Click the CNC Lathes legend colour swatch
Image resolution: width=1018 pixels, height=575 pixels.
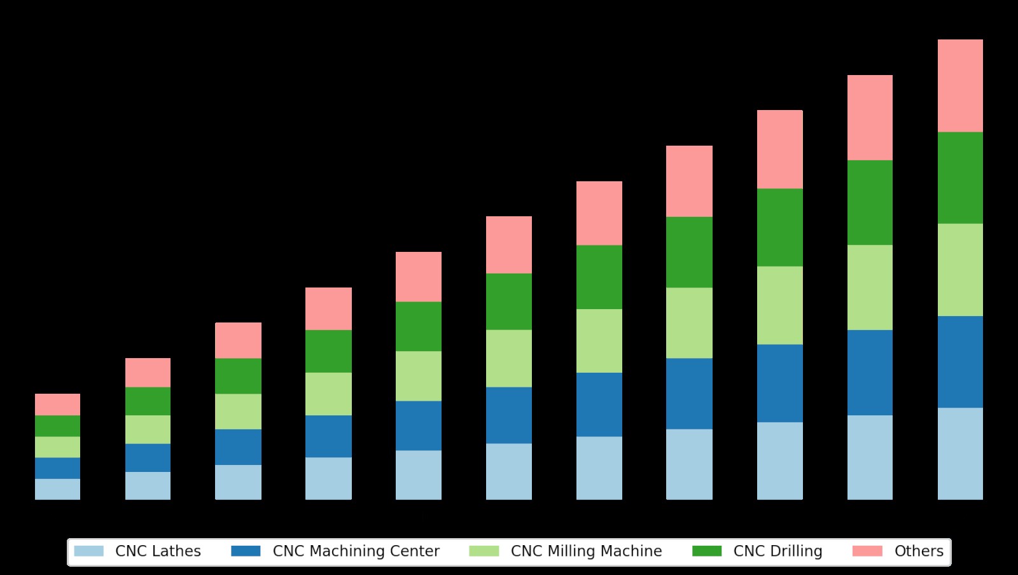click(x=88, y=551)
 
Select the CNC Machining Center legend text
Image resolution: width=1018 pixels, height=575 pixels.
click(x=356, y=551)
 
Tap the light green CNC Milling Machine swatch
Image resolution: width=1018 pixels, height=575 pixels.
click(x=484, y=551)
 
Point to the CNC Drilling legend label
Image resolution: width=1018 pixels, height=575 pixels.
click(x=777, y=551)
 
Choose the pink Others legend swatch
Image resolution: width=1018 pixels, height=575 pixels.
click(x=867, y=551)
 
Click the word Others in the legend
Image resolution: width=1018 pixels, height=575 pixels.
click(x=919, y=551)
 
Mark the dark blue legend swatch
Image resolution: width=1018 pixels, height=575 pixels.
click(x=246, y=551)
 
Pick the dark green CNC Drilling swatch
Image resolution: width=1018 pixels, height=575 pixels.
click(x=707, y=551)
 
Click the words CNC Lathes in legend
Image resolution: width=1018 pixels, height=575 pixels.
click(x=158, y=551)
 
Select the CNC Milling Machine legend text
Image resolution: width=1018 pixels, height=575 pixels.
click(x=586, y=551)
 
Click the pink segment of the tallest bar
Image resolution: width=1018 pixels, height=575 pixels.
click(x=960, y=86)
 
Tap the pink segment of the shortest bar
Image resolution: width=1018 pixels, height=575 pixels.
click(x=57, y=405)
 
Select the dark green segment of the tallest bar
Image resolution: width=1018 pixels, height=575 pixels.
click(x=960, y=177)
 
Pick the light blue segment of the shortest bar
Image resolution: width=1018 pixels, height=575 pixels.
click(x=57, y=489)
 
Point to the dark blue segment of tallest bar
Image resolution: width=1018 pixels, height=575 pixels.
click(x=960, y=362)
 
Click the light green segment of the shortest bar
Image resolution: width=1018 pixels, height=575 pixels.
click(x=57, y=447)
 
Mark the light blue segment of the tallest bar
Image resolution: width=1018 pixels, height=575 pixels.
click(x=960, y=454)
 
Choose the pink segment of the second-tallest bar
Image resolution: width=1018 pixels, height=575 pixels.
click(x=870, y=118)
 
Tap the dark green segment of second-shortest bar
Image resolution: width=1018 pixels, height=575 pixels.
click(x=148, y=401)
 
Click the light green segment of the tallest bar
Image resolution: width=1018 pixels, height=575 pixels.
click(x=960, y=270)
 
